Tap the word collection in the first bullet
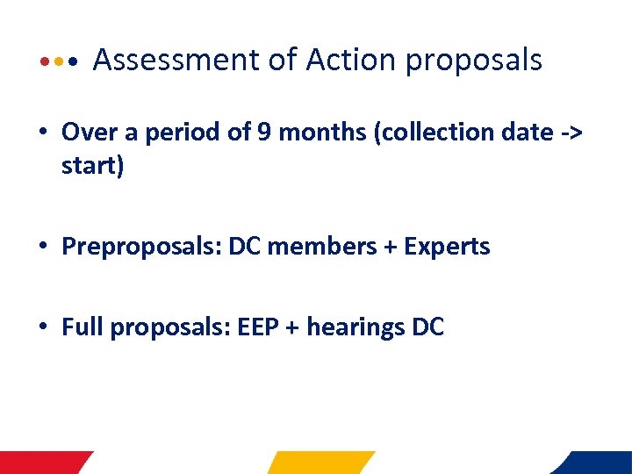[436, 133]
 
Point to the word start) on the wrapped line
[93, 166]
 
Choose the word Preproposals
[141, 248]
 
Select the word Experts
[447, 248]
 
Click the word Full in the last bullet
[79, 328]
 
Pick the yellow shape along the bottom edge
[320, 463]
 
